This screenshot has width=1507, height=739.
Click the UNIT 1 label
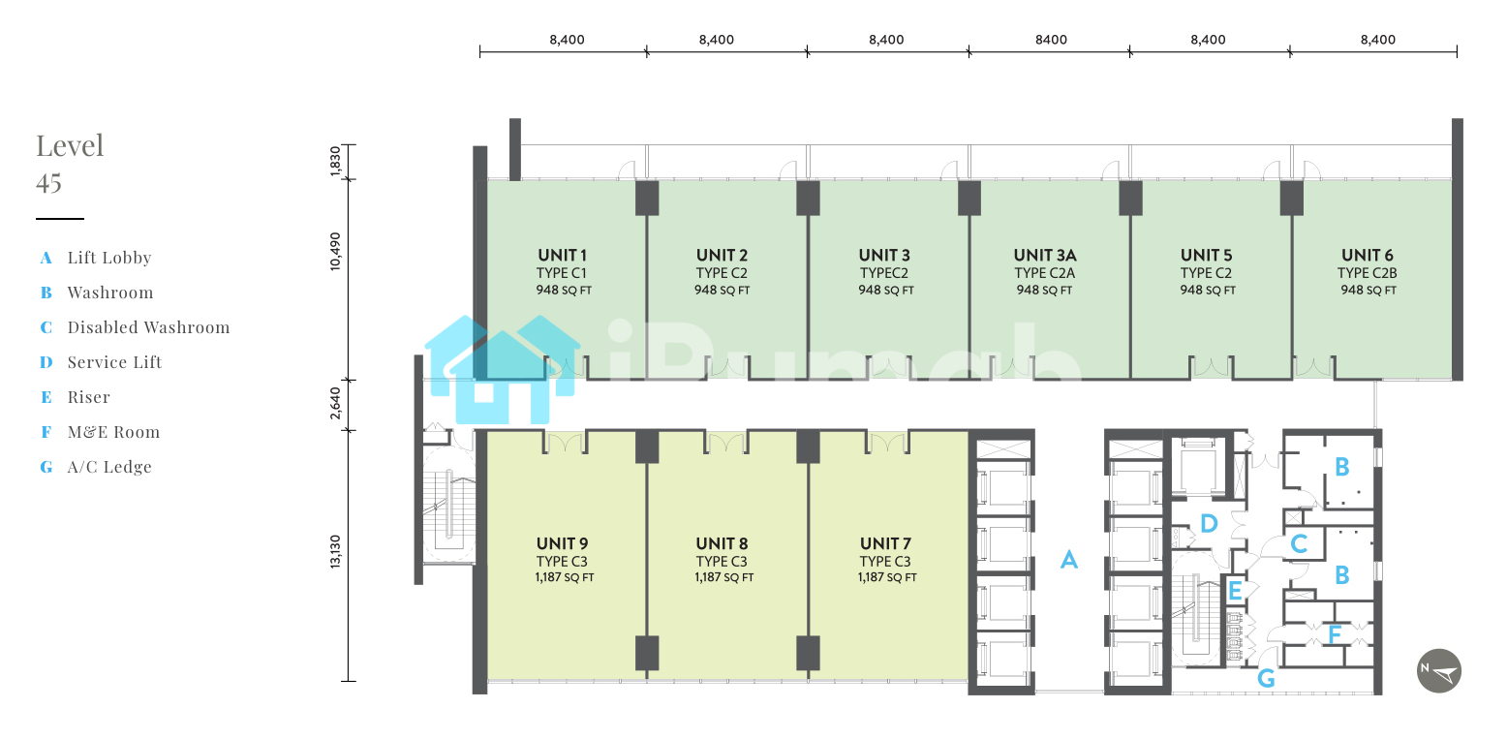pos(562,256)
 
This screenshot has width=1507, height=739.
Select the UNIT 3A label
pos(1045,256)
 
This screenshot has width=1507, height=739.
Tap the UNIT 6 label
pos(1368,256)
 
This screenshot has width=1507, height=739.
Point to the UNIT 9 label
pos(563,543)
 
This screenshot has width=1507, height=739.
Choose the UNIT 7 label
pos(885,543)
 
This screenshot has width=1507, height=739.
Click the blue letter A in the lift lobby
pos(1069,559)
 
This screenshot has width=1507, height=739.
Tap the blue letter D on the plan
pos(1209,523)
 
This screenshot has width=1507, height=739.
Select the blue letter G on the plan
pos(1266,678)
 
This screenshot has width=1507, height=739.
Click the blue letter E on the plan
pos(1235,591)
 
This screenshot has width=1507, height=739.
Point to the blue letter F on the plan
pos(1335,634)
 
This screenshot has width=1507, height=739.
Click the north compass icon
pos(1439,671)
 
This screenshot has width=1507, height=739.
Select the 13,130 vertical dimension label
pos(335,552)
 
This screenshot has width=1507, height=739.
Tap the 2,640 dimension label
pos(335,403)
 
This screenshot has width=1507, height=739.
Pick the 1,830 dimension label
pos(335,162)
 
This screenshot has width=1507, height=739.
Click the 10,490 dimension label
pos(335,252)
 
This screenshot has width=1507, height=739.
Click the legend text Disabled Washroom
pos(149,327)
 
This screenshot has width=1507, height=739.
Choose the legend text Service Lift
pos(115,363)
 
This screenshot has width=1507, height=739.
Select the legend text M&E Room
pos(113,432)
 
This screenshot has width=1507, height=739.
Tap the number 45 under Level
pos(49,183)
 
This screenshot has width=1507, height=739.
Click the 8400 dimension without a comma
pos(1051,40)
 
